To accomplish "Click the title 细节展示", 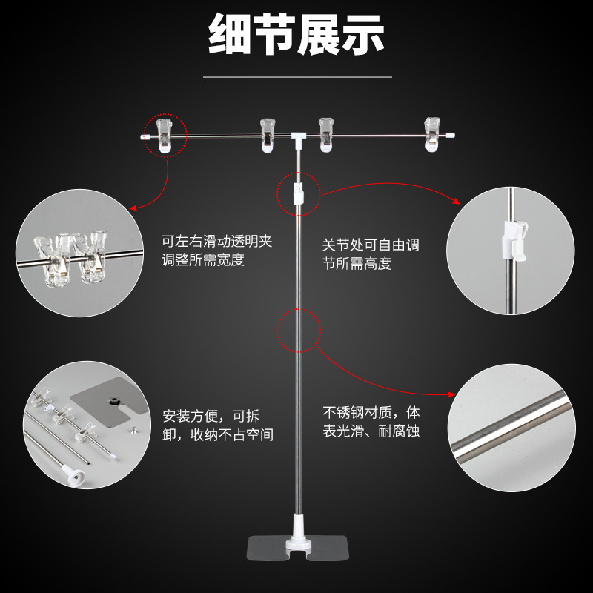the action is (296, 34).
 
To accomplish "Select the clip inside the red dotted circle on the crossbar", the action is (165, 136).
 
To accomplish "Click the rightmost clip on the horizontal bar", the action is (432, 135).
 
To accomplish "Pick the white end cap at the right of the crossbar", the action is (450, 135).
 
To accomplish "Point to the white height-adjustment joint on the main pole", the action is (299, 193).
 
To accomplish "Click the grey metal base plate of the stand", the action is (297, 549).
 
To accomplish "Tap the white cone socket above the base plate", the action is (298, 531).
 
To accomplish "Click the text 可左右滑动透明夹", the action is (216, 242).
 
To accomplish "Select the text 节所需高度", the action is (357, 263).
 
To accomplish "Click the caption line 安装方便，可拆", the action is (211, 416).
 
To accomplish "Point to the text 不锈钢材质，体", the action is (371, 412).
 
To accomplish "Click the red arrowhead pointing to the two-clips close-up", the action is (133, 208).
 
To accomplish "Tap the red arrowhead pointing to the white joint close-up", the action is (457, 201).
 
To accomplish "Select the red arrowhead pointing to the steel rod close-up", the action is (451, 394).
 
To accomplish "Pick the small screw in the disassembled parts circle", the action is (133, 430).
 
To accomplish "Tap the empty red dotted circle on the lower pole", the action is (299, 330).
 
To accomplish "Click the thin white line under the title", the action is (297, 77).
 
